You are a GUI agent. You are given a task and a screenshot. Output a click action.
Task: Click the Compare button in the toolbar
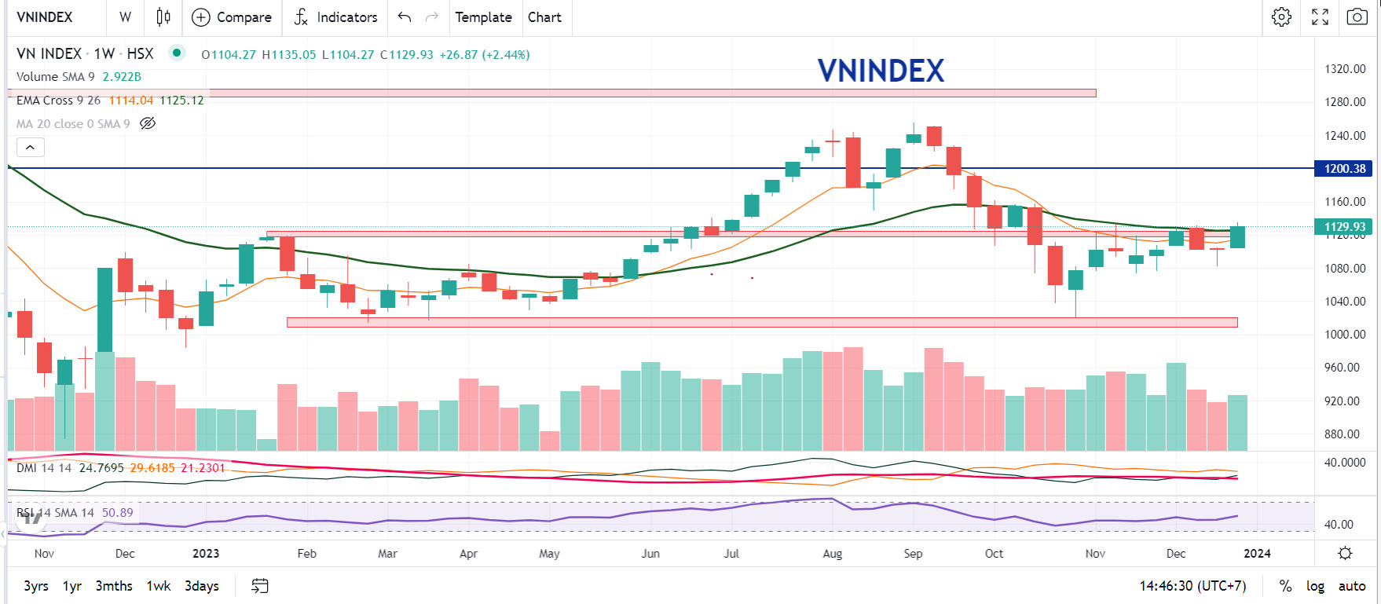(x=232, y=17)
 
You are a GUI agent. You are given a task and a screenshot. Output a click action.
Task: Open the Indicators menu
(x=335, y=17)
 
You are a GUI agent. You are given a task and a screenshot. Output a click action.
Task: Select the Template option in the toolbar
(x=483, y=17)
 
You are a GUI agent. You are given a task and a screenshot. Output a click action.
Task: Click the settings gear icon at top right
(x=1281, y=17)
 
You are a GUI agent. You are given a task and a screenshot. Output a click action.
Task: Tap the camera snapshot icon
(x=1357, y=17)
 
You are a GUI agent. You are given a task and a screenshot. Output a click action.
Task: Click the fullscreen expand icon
(x=1320, y=17)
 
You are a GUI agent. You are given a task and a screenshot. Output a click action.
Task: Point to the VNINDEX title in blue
(x=881, y=71)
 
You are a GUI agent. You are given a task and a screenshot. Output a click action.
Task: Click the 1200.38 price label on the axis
(x=1344, y=168)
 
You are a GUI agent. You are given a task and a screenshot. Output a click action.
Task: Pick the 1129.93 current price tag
(x=1344, y=227)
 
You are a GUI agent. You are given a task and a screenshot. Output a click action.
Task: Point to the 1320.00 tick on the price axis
(x=1344, y=69)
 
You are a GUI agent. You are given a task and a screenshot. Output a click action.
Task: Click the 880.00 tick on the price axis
(x=1344, y=434)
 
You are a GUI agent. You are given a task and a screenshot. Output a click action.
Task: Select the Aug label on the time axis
(x=832, y=554)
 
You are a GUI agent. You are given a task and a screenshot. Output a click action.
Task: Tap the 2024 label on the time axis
(x=1257, y=554)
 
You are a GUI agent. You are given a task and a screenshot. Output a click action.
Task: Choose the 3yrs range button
(x=36, y=586)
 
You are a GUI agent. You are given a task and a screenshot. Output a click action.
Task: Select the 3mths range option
(x=114, y=586)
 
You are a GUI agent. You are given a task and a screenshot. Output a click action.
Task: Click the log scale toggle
(x=1315, y=586)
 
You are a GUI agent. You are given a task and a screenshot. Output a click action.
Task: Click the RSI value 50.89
(x=117, y=513)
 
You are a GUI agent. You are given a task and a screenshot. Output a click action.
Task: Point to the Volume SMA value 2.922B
(x=122, y=77)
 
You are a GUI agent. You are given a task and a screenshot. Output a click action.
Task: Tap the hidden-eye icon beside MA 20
(x=148, y=123)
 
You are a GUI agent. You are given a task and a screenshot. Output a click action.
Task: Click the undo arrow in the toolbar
(x=405, y=17)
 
